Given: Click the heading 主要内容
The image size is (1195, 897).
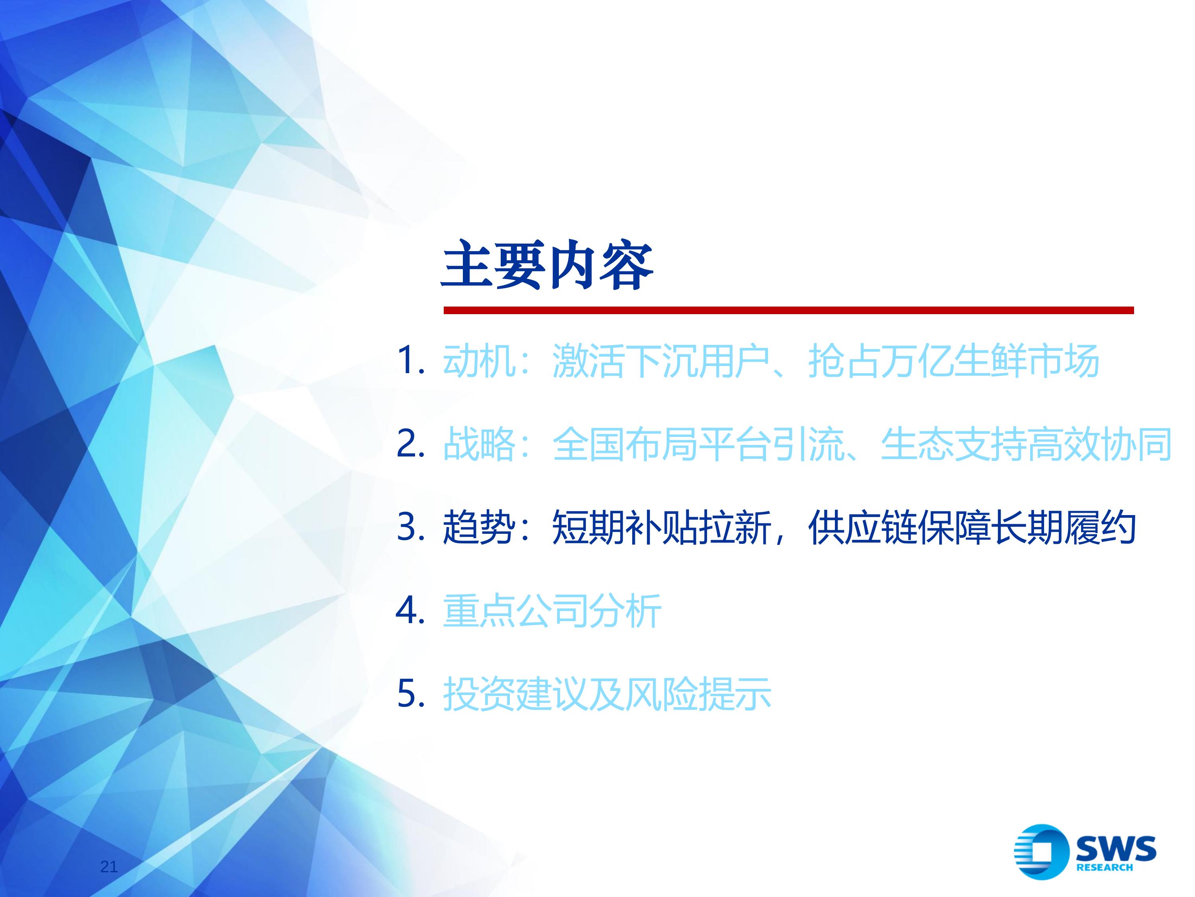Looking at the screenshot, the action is [547, 266].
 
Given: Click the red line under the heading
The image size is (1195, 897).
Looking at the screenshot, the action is [788, 310].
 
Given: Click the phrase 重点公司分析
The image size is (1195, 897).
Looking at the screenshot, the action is [552, 610].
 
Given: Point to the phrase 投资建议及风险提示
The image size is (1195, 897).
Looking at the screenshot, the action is [607, 693].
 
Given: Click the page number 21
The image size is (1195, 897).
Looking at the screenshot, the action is [109, 867].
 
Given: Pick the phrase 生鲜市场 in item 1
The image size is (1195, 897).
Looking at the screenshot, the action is [1027, 360].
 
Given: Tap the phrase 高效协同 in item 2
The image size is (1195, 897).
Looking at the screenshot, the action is [1099, 443].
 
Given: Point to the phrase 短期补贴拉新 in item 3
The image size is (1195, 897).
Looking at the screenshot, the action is [661, 527].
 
